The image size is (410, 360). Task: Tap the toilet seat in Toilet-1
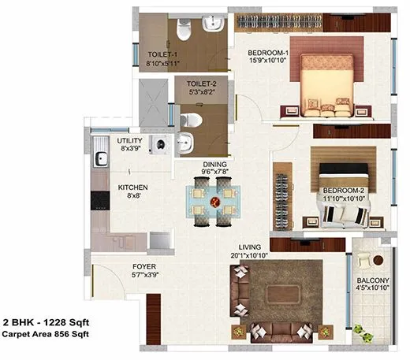[x=183, y=30]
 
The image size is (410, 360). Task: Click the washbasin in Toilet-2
[x=184, y=143]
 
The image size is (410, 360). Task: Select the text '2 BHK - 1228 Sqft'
[x=53, y=322]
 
